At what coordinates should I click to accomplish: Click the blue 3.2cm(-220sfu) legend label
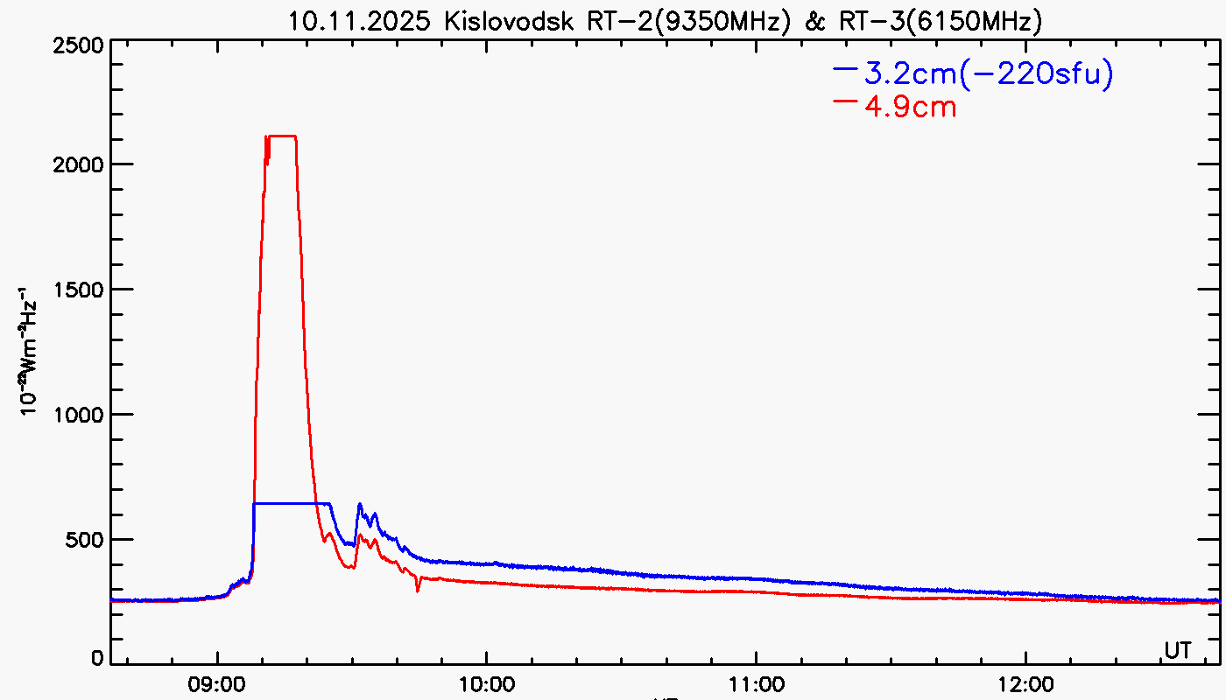point(988,74)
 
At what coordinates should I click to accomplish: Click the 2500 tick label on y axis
point(80,45)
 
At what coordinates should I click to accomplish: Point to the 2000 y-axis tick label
point(80,164)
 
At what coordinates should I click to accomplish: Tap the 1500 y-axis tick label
point(80,290)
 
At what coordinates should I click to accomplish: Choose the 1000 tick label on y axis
point(80,415)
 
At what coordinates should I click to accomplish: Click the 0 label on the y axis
point(98,659)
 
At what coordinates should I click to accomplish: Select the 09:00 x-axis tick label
point(217,682)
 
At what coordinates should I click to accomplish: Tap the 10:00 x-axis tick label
point(487,682)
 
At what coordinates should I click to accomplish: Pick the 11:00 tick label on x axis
point(756,682)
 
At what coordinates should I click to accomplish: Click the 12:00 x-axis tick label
point(1025,682)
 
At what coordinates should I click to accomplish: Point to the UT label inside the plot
point(1177,650)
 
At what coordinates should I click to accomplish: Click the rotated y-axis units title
point(28,350)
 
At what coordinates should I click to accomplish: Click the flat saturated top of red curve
point(283,136)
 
